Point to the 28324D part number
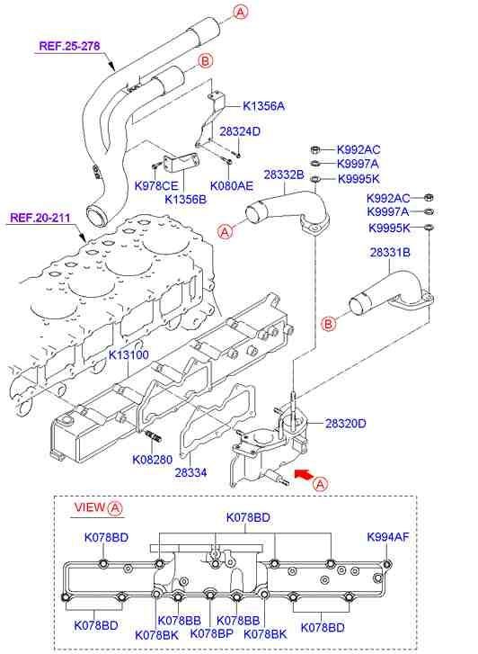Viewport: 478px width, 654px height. coord(240,131)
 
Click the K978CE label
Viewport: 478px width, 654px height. coord(156,185)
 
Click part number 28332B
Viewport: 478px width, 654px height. coord(284,174)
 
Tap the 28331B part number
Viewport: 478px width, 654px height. coord(390,254)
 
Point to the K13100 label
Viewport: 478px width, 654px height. coord(128,354)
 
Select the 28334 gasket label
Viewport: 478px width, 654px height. coord(191,470)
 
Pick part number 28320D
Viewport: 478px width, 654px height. coord(345,422)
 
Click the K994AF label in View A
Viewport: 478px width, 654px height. coord(388,537)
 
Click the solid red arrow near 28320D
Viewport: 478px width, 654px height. coord(305,470)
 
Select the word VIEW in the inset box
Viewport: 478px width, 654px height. coord(88,507)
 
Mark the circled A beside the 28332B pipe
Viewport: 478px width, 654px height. coord(226,232)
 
